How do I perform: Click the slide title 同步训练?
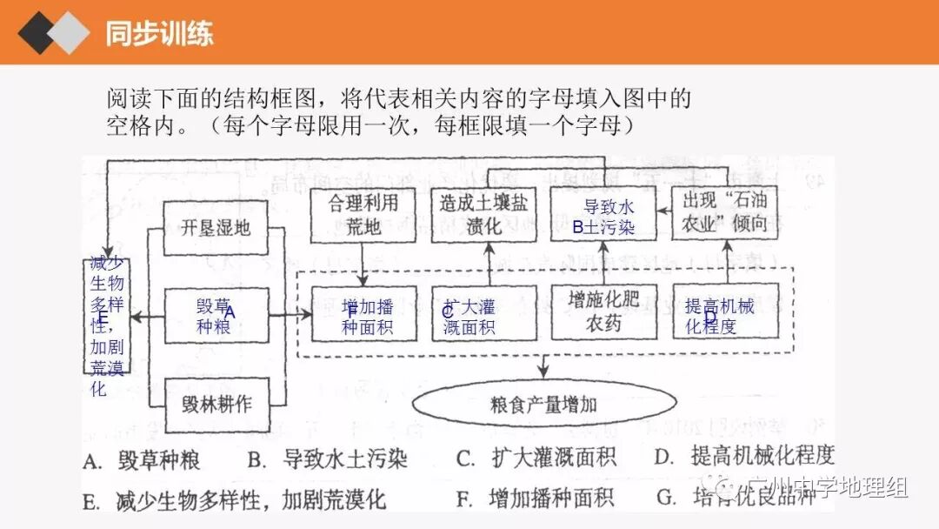pyautogui.click(x=159, y=33)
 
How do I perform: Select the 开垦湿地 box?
pyautogui.click(x=216, y=229)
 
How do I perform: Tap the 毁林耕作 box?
pyautogui.click(x=216, y=405)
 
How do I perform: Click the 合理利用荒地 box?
pyautogui.click(x=363, y=215)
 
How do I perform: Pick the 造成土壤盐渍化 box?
pyautogui.click(x=483, y=215)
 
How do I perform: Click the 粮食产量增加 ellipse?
pyautogui.click(x=544, y=405)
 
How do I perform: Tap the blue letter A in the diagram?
pyautogui.click(x=230, y=311)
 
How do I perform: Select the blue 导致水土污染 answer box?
pyautogui.click(x=603, y=218)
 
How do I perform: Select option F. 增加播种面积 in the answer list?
pyautogui.click(x=536, y=499)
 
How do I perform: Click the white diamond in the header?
pyautogui.click(x=69, y=32)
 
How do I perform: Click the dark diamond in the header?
pyautogui.click(x=39, y=32)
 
